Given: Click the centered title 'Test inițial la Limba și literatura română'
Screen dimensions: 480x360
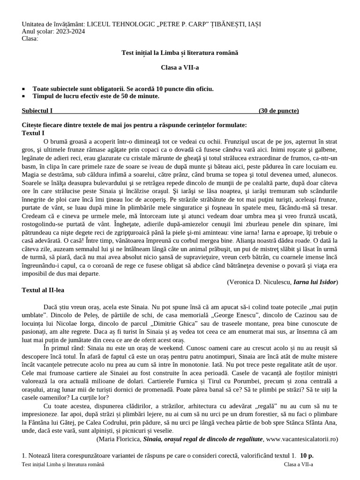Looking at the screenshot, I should tap(180, 53).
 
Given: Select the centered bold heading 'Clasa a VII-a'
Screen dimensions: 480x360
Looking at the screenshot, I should tap(180, 67).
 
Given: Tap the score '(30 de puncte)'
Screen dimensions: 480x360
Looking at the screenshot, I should tap(278, 111).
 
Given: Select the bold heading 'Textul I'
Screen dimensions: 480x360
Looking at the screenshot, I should tap(33, 133).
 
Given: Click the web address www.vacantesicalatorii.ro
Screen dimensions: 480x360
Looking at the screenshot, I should tap(301, 439).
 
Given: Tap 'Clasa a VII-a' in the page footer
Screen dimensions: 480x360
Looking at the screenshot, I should tap(299, 464).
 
